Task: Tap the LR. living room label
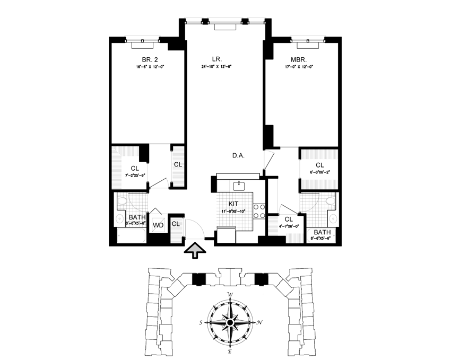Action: point(224,59)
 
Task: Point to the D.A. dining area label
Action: point(238,156)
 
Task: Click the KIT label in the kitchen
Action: point(234,204)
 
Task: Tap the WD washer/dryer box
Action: point(158,225)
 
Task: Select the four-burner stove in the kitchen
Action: point(259,212)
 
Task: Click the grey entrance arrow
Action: point(195,250)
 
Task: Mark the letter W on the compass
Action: point(230,294)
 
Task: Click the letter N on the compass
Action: point(259,322)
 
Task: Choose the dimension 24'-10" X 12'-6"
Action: point(224,67)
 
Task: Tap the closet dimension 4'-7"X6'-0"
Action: point(289,226)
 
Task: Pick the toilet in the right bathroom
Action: point(331,201)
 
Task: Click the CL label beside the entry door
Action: point(176,224)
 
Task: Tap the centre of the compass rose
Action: point(230,322)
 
